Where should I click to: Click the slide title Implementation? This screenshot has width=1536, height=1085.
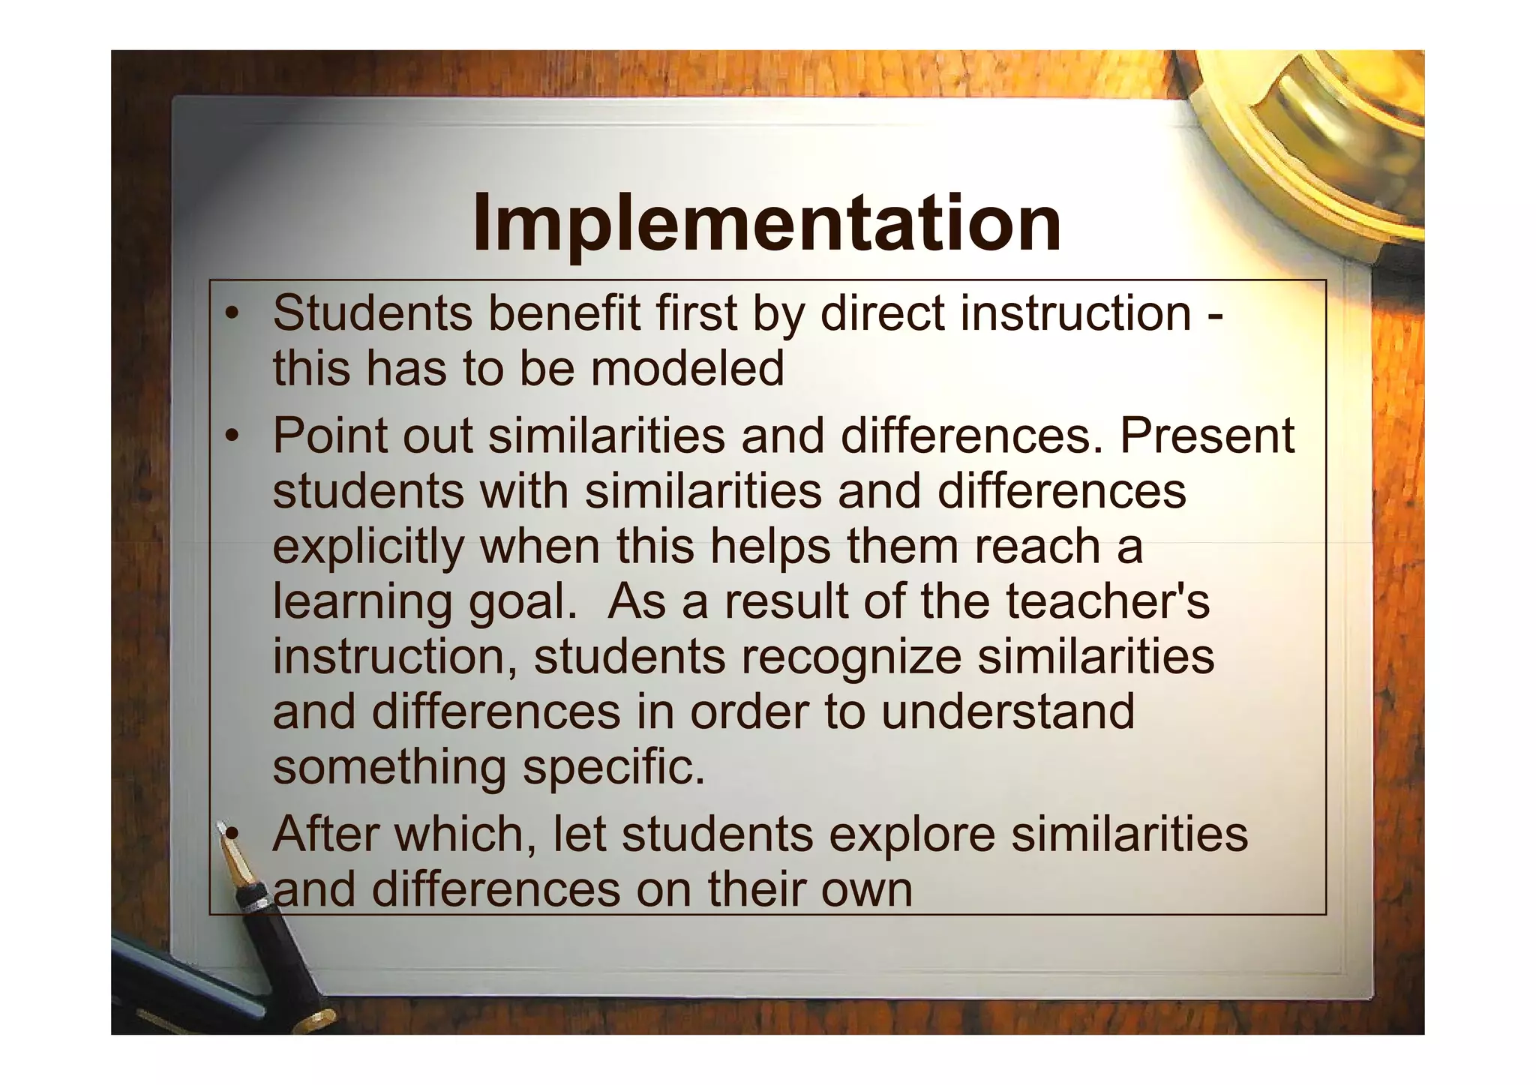tap(766, 223)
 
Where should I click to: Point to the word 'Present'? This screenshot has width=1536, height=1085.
tap(1207, 436)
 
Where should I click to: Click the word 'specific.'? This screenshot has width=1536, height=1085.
tap(613, 767)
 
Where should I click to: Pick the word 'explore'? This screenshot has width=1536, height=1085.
tap(911, 834)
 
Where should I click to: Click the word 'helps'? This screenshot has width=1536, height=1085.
tap(770, 547)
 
